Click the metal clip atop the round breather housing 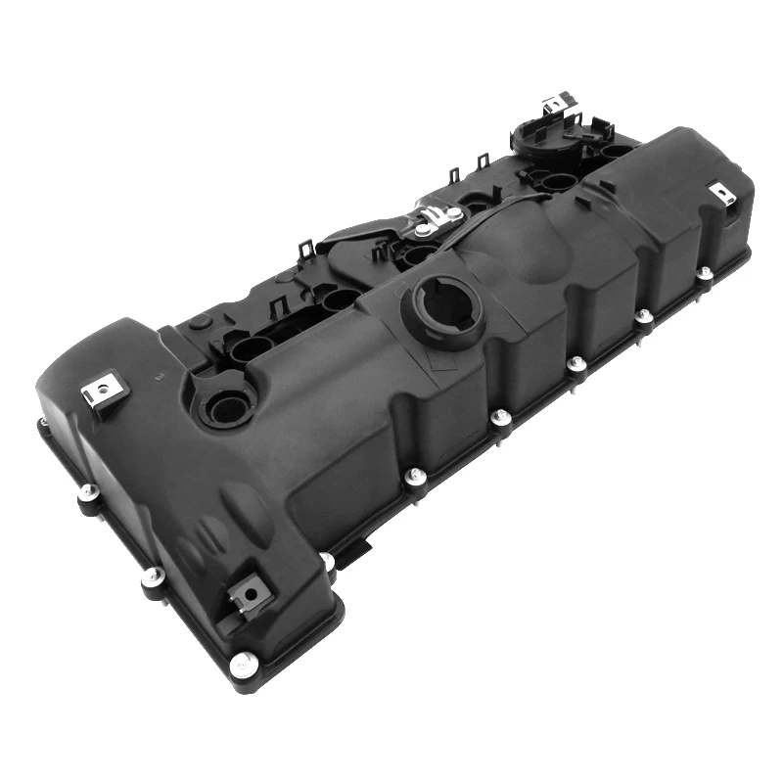pyautogui.click(x=557, y=104)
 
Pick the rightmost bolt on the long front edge pyautogui.click(x=703, y=270)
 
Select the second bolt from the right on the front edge pyautogui.click(x=643, y=316)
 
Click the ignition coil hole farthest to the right pyautogui.click(x=615, y=151)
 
